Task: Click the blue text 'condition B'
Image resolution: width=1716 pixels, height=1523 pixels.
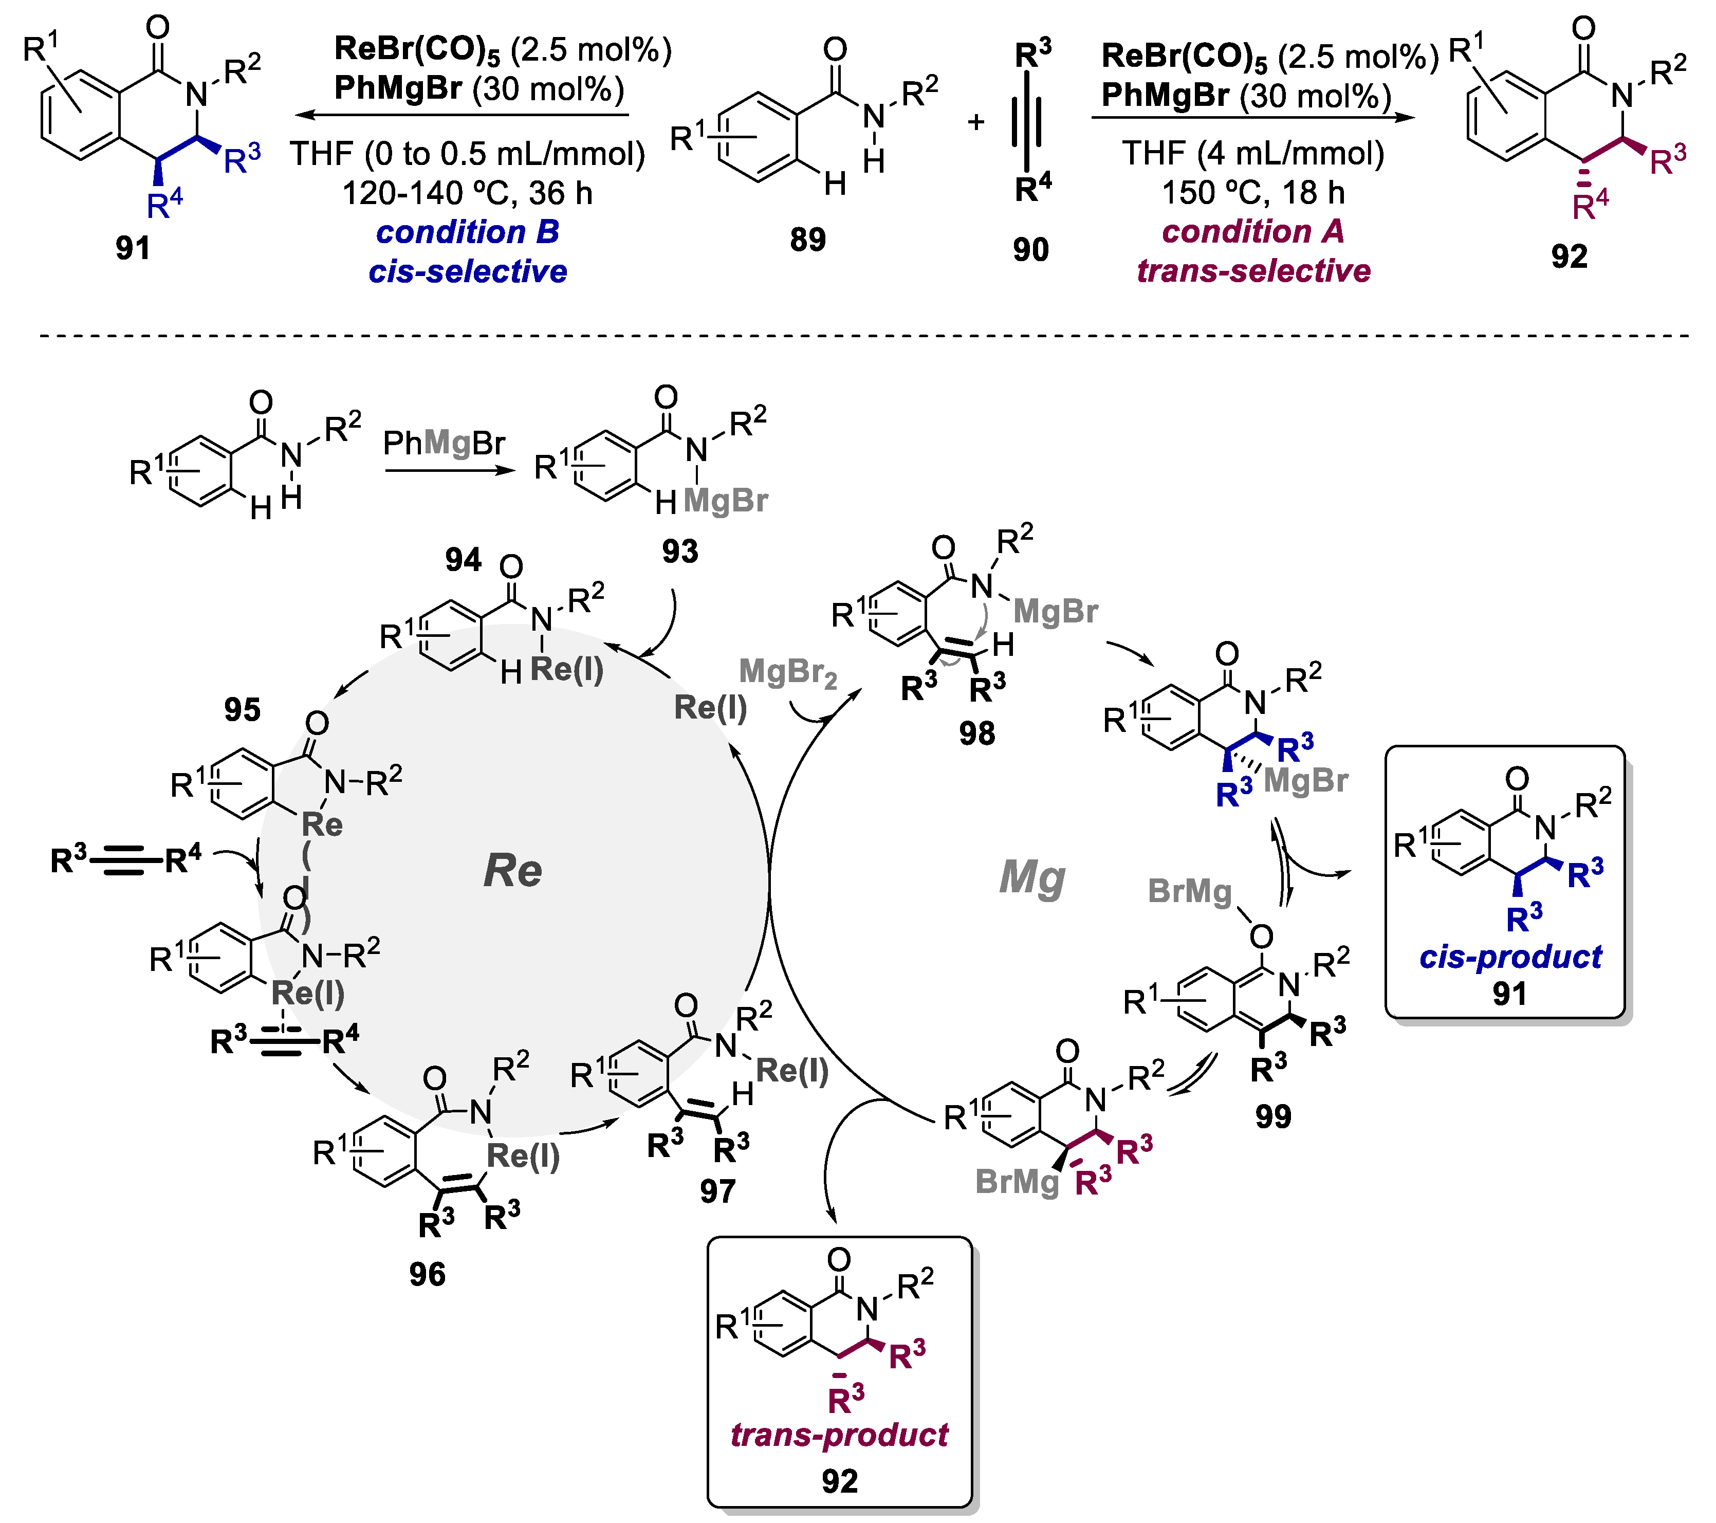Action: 468,232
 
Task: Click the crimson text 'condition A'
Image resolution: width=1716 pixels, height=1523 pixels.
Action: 1252,232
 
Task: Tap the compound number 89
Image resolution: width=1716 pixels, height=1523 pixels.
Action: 807,240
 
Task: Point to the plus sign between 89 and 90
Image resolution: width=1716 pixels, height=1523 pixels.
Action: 975,122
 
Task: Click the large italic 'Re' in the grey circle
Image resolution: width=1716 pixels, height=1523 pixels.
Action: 512,871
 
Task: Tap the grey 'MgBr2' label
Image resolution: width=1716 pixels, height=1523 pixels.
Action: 787,673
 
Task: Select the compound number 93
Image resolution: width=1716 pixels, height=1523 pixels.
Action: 679,552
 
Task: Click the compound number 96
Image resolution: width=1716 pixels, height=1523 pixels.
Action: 427,1275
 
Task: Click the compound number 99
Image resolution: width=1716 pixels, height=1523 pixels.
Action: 1272,1116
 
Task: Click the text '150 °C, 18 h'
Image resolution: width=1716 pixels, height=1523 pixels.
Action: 1252,193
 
